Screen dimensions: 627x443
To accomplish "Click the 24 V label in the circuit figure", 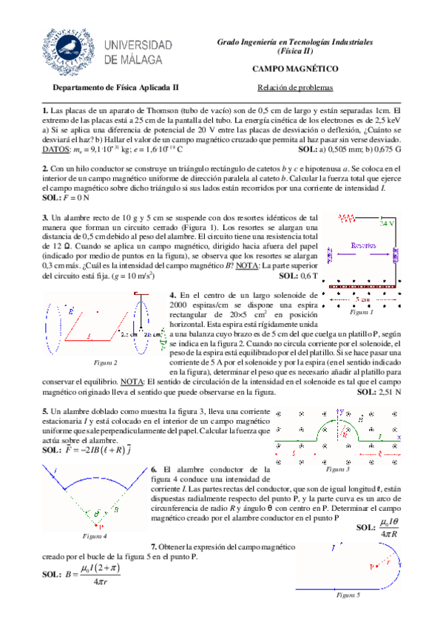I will coord(387,223).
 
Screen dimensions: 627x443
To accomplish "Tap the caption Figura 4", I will coord(95,535).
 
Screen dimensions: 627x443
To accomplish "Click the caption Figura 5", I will coord(348,594).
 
